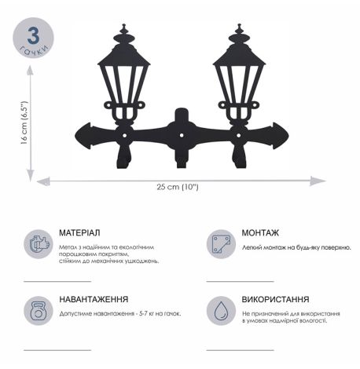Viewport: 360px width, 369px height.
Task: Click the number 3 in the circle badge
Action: (33, 36)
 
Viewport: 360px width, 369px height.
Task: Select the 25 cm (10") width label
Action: (180, 186)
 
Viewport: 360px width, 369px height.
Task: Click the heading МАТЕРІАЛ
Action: (79, 233)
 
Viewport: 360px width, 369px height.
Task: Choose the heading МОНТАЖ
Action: (266, 233)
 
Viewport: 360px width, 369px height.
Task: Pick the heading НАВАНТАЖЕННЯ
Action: (94, 299)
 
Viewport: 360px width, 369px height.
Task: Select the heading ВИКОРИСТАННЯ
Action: (276, 299)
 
